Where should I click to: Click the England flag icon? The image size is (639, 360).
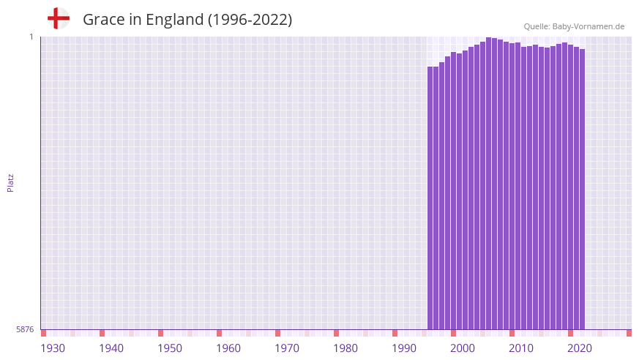pos(58,19)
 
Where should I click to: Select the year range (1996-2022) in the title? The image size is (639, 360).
pos(250,20)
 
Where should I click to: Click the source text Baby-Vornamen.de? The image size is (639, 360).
pos(588,26)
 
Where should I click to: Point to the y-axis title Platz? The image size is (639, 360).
pos(10,182)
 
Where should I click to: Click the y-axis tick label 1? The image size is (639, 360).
pos(31,37)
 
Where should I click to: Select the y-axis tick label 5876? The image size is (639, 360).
pos(25,329)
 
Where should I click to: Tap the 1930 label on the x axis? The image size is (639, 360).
pos(53,348)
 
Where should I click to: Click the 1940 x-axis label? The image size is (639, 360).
pos(111,348)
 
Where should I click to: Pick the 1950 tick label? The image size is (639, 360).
pos(170,348)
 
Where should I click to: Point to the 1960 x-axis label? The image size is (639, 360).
pos(228,348)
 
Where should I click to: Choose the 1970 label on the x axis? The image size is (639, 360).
pos(287,348)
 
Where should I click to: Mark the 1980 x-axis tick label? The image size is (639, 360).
pos(345,348)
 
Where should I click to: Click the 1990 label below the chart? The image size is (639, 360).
pos(404,348)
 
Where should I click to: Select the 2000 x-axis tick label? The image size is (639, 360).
pos(463,348)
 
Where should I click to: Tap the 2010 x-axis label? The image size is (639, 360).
pos(521,348)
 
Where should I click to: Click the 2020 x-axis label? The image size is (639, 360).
pos(580,348)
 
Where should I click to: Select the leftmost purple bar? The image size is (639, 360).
pos(430,198)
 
